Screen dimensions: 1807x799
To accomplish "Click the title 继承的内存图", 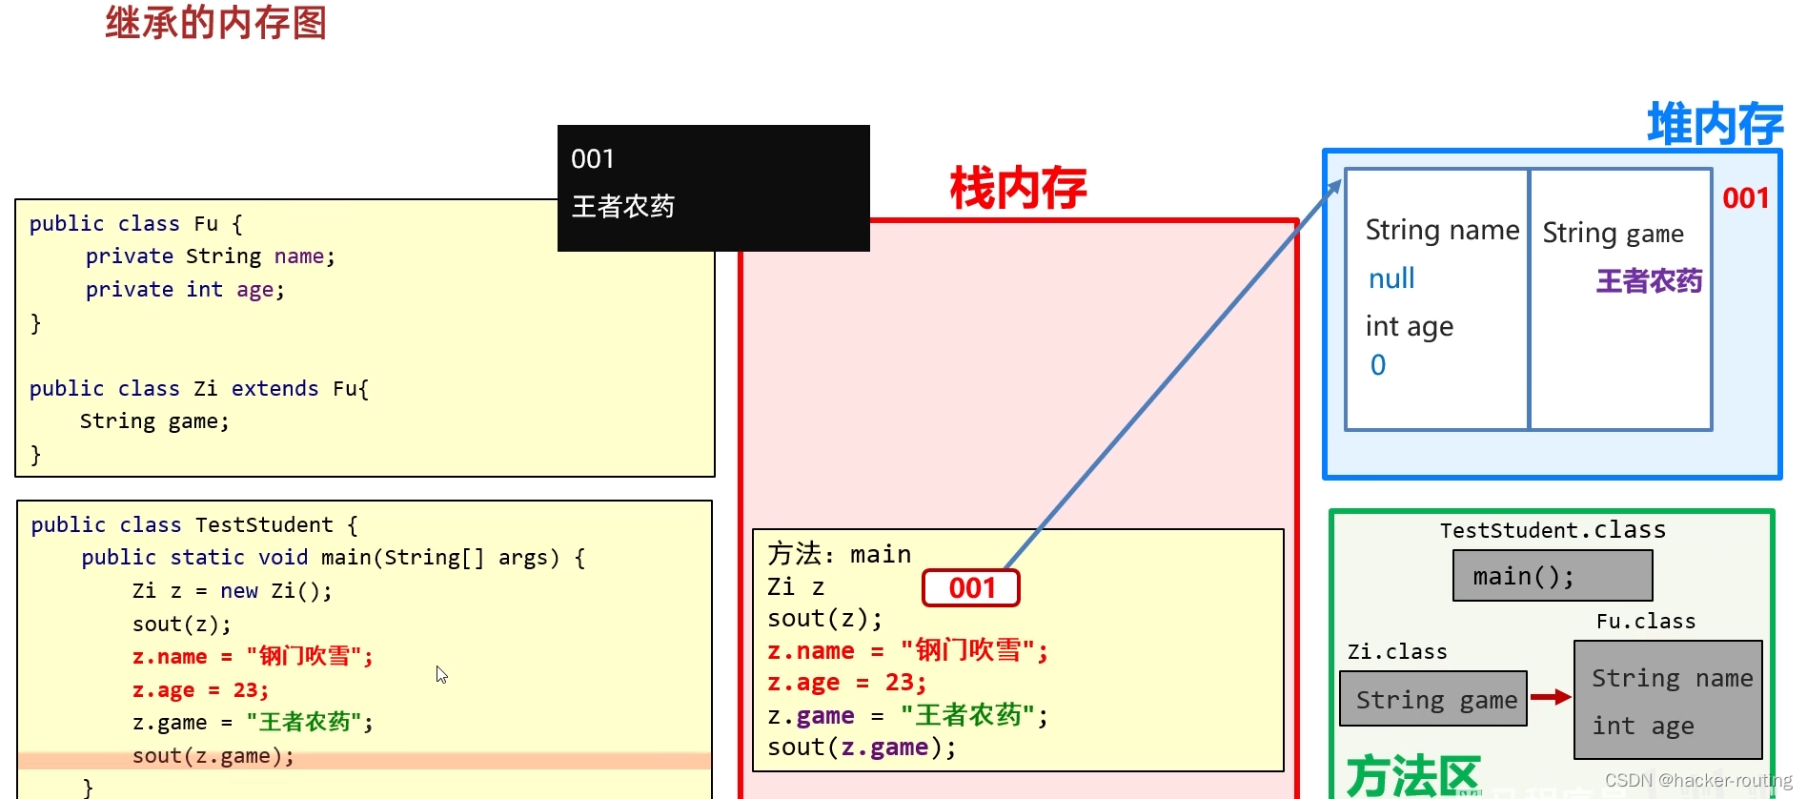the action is coord(216,23).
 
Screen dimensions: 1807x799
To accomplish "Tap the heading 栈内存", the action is coord(1018,188).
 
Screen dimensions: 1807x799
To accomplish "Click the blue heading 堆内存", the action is coord(1715,125).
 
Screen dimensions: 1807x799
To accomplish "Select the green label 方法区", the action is coord(1412,775).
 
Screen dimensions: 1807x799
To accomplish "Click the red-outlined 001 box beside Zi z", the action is coord(971,588).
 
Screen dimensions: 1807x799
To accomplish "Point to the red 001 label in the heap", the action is coord(1745,198).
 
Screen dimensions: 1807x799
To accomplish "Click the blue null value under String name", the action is coord(1391,278).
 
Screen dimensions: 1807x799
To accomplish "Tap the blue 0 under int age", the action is coord(1378,365).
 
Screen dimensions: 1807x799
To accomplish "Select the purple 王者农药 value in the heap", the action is coord(1649,281).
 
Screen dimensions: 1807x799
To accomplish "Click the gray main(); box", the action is coord(1552,576).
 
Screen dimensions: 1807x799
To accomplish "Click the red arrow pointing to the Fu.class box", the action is coord(1551,697).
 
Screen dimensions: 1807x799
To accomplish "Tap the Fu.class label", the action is coord(1646,622).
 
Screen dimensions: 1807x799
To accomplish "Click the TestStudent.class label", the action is coord(1553,530).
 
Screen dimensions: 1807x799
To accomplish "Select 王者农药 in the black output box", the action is coord(623,206).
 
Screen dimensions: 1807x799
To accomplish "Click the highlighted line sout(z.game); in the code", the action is coord(213,756).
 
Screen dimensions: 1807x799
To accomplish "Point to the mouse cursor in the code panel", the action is coord(441,674).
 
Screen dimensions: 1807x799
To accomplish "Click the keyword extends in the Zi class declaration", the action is coord(274,389).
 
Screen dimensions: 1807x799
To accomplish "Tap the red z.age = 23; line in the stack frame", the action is coord(847,683).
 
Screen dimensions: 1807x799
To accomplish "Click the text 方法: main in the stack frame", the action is coord(839,554).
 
